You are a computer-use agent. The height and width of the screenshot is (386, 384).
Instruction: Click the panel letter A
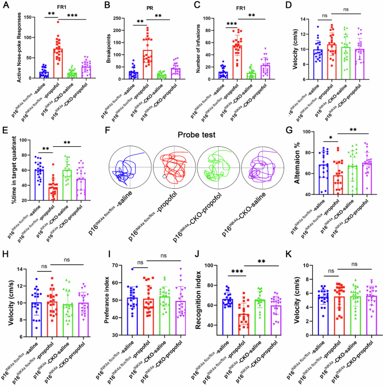click(x=5, y=5)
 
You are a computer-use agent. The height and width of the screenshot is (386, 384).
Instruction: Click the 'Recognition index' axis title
click(x=203, y=303)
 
